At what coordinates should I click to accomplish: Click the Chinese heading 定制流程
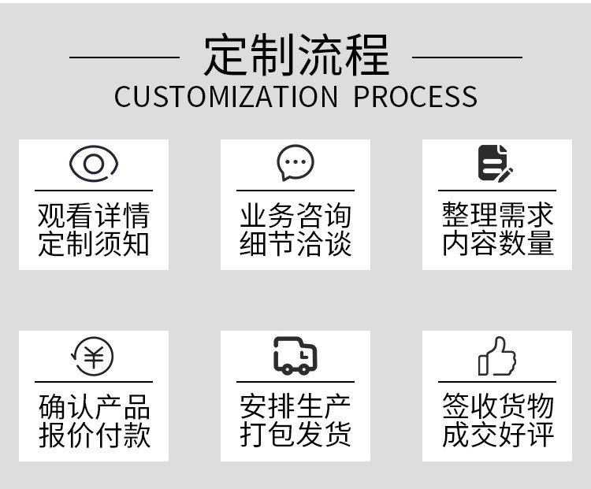(x=295, y=55)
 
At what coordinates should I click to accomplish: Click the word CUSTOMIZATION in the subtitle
(x=225, y=97)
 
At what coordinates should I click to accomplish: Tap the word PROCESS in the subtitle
(x=414, y=97)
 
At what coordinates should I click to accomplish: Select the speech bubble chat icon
(x=295, y=163)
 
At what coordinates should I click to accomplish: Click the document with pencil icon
(x=495, y=163)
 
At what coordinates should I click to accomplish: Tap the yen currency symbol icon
(x=93, y=357)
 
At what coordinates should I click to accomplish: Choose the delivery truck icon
(x=295, y=356)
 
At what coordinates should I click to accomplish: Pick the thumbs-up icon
(x=497, y=357)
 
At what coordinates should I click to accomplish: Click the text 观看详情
(x=94, y=216)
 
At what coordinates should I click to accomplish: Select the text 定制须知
(x=94, y=243)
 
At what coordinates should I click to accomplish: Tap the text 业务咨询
(x=295, y=216)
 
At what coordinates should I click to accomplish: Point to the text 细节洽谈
(x=295, y=243)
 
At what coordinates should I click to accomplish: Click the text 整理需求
(x=497, y=216)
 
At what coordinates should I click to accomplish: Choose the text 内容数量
(x=497, y=243)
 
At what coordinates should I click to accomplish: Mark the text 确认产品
(x=94, y=407)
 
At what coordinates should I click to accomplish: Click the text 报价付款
(x=94, y=435)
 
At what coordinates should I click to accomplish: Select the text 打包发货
(x=295, y=435)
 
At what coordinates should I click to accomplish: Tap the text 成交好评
(x=497, y=435)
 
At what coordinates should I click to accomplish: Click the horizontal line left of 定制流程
(x=124, y=57)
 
